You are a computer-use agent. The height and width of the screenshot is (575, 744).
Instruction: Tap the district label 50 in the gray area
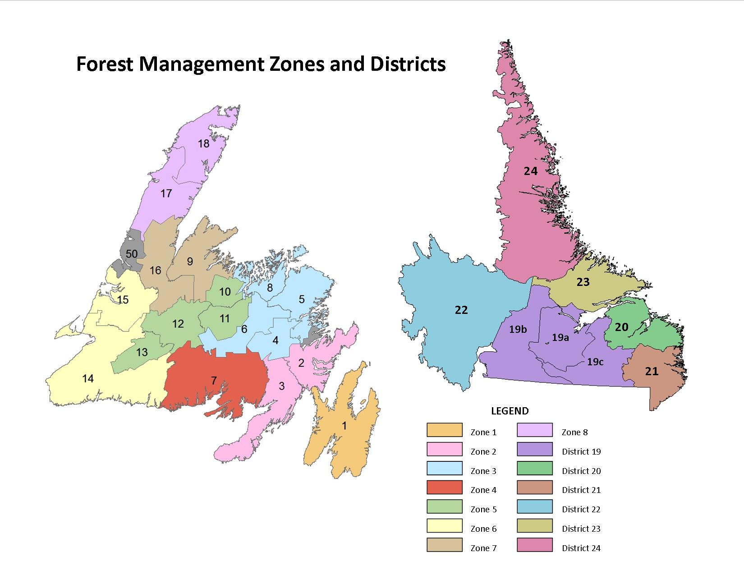(131, 254)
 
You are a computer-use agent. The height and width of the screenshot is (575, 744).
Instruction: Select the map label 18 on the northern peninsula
(203, 143)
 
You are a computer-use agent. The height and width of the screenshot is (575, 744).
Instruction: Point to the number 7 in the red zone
(214, 381)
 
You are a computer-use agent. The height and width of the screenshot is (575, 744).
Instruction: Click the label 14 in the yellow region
(88, 378)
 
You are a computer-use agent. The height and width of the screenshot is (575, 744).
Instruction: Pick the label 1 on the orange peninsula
(344, 425)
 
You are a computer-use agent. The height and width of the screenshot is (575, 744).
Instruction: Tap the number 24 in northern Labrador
(531, 171)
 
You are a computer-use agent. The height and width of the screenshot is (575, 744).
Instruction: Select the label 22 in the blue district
(461, 310)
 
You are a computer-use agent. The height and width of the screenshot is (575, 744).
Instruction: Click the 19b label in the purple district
(518, 329)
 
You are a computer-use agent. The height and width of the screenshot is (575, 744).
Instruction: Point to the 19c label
(595, 362)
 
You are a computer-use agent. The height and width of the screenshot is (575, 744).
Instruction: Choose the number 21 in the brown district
(652, 371)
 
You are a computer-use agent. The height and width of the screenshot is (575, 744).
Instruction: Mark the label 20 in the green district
(621, 327)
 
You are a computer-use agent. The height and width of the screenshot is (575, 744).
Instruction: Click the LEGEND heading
(510, 411)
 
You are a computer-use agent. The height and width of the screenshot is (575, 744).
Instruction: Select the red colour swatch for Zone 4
(444, 488)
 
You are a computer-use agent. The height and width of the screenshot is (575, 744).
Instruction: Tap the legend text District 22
(581, 509)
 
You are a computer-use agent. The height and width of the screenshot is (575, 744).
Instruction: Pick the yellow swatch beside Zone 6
(444, 526)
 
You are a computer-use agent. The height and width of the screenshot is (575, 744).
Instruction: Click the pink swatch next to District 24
(534, 545)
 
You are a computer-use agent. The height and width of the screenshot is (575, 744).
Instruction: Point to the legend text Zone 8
(574, 432)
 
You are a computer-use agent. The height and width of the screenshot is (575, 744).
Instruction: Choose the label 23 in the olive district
(583, 282)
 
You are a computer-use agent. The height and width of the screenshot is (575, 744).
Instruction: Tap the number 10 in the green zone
(225, 292)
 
